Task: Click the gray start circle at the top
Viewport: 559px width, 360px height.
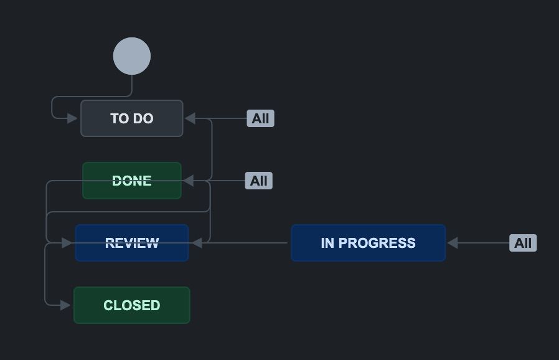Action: tap(132, 56)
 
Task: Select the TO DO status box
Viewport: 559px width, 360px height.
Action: tap(132, 118)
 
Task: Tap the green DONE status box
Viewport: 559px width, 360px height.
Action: tap(132, 181)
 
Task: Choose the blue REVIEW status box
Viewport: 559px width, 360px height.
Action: tap(132, 243)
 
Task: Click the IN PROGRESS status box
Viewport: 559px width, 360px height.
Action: tap(368, 243)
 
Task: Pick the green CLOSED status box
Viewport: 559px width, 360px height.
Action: tap(132, 305)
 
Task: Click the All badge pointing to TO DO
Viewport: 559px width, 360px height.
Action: tap(260, 118)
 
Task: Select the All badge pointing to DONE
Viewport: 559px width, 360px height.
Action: tap(258, 181)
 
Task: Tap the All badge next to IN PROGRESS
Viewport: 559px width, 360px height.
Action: tap(523, 243)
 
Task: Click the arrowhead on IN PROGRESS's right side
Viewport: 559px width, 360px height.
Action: tap(453, 243)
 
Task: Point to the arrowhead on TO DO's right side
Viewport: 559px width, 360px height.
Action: tap(190, 118)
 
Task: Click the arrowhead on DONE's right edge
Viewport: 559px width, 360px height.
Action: tap(188, 181)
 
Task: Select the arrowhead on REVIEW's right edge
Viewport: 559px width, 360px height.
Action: tap(195, 243)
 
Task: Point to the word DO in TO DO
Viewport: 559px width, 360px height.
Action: tap(143, 118)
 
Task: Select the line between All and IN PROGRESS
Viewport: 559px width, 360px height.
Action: tap(482, 243)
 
